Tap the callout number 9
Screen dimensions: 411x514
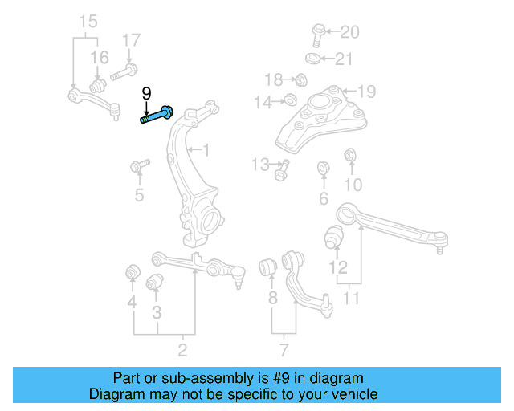point(146,94)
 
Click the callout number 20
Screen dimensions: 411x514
point(349,33)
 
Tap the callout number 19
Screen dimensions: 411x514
point(366,91)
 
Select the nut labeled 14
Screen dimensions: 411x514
point(290,100)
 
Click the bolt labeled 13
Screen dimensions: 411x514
point(282,169)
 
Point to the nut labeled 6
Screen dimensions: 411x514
point(324,169)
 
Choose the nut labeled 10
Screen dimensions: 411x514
point(350,155)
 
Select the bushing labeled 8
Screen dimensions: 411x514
point(269,267)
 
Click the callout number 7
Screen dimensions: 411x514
point(283,349)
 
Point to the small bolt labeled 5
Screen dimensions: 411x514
point(138,167)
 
